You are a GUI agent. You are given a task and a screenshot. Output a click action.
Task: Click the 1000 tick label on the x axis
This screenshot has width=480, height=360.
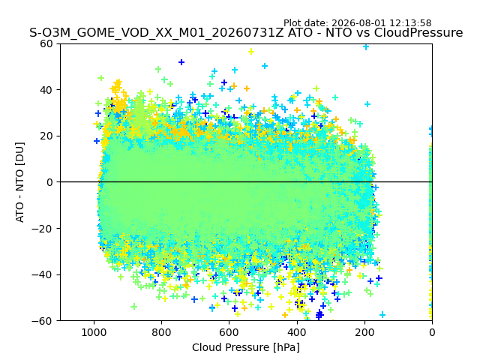pos(94,332)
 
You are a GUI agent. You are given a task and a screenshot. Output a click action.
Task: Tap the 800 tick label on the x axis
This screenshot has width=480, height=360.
pos(162,332)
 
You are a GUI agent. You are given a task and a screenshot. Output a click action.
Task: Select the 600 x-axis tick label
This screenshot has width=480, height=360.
pos(229,332)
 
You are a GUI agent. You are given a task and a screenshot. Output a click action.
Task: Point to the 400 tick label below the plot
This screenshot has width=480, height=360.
pos(297,332)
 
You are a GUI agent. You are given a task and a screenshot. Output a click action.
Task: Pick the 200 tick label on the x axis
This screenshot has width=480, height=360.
pos(364,332)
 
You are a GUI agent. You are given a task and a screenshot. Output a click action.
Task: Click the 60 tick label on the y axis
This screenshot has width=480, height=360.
pos(46,43)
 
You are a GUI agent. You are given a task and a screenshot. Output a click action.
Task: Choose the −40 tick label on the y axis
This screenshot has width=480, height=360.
pos(43,274)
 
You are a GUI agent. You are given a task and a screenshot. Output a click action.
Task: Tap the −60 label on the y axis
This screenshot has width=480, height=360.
pos(43,321)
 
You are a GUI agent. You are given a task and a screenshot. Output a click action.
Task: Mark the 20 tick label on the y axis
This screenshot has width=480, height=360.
pos(46,136)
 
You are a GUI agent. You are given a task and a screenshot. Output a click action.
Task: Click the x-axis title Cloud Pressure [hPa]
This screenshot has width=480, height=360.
pos(246,347)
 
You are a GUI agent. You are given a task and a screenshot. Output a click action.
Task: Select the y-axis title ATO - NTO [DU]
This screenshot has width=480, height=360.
pos(20,182)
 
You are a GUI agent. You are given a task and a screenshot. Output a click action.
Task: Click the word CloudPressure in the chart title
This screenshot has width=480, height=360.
pos(418,33)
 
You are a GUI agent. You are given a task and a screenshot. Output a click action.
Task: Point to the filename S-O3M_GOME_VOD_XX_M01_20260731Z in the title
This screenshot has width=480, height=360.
pos(157,33)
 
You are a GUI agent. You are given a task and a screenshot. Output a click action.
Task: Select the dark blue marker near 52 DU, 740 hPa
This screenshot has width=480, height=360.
pos(181,62)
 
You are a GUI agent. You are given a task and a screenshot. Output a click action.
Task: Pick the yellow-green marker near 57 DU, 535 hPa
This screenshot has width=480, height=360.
pos(251,52)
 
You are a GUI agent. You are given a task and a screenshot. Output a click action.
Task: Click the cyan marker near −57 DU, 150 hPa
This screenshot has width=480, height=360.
pos(382,314)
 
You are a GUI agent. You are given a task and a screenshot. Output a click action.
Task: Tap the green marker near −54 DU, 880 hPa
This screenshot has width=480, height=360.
pos(133,307)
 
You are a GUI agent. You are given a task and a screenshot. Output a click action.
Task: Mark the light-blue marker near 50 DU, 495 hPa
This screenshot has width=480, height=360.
pos(265,66)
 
